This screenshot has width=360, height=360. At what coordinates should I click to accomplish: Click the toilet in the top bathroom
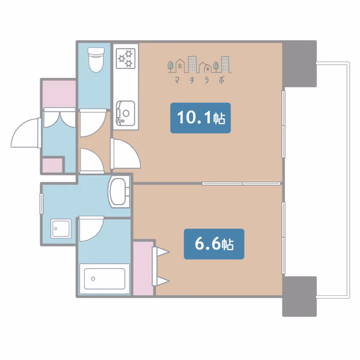(96, 59)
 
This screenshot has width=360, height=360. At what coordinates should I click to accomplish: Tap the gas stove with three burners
(125, 58)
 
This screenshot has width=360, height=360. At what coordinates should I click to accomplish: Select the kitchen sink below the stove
(125, 113)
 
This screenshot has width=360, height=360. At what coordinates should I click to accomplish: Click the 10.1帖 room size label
(200, 118)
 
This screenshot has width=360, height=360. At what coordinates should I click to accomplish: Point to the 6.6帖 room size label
(214, 244)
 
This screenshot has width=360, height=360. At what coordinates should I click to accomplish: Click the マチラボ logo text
(199, 80)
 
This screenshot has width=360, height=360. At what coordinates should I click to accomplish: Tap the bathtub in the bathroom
(104, 279)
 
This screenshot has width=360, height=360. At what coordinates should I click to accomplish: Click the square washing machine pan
(61, 229)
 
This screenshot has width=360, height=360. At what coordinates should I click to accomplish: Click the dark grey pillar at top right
(299, 64)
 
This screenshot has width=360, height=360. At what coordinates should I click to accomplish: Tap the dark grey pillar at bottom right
(299, 296)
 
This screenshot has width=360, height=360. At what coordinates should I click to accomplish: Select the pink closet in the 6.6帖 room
(143, 268)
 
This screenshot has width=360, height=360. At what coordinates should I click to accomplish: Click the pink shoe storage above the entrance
(59, 94)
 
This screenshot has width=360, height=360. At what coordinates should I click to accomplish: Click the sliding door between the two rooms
(242, 184)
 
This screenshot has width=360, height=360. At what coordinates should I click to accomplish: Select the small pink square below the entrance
(53, 166)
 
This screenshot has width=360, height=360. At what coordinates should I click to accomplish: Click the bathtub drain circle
(93, 279)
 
